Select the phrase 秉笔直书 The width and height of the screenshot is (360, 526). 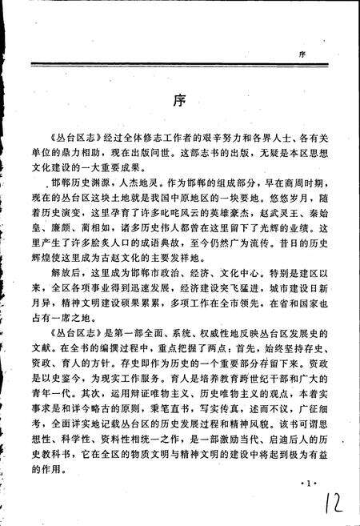161,417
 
